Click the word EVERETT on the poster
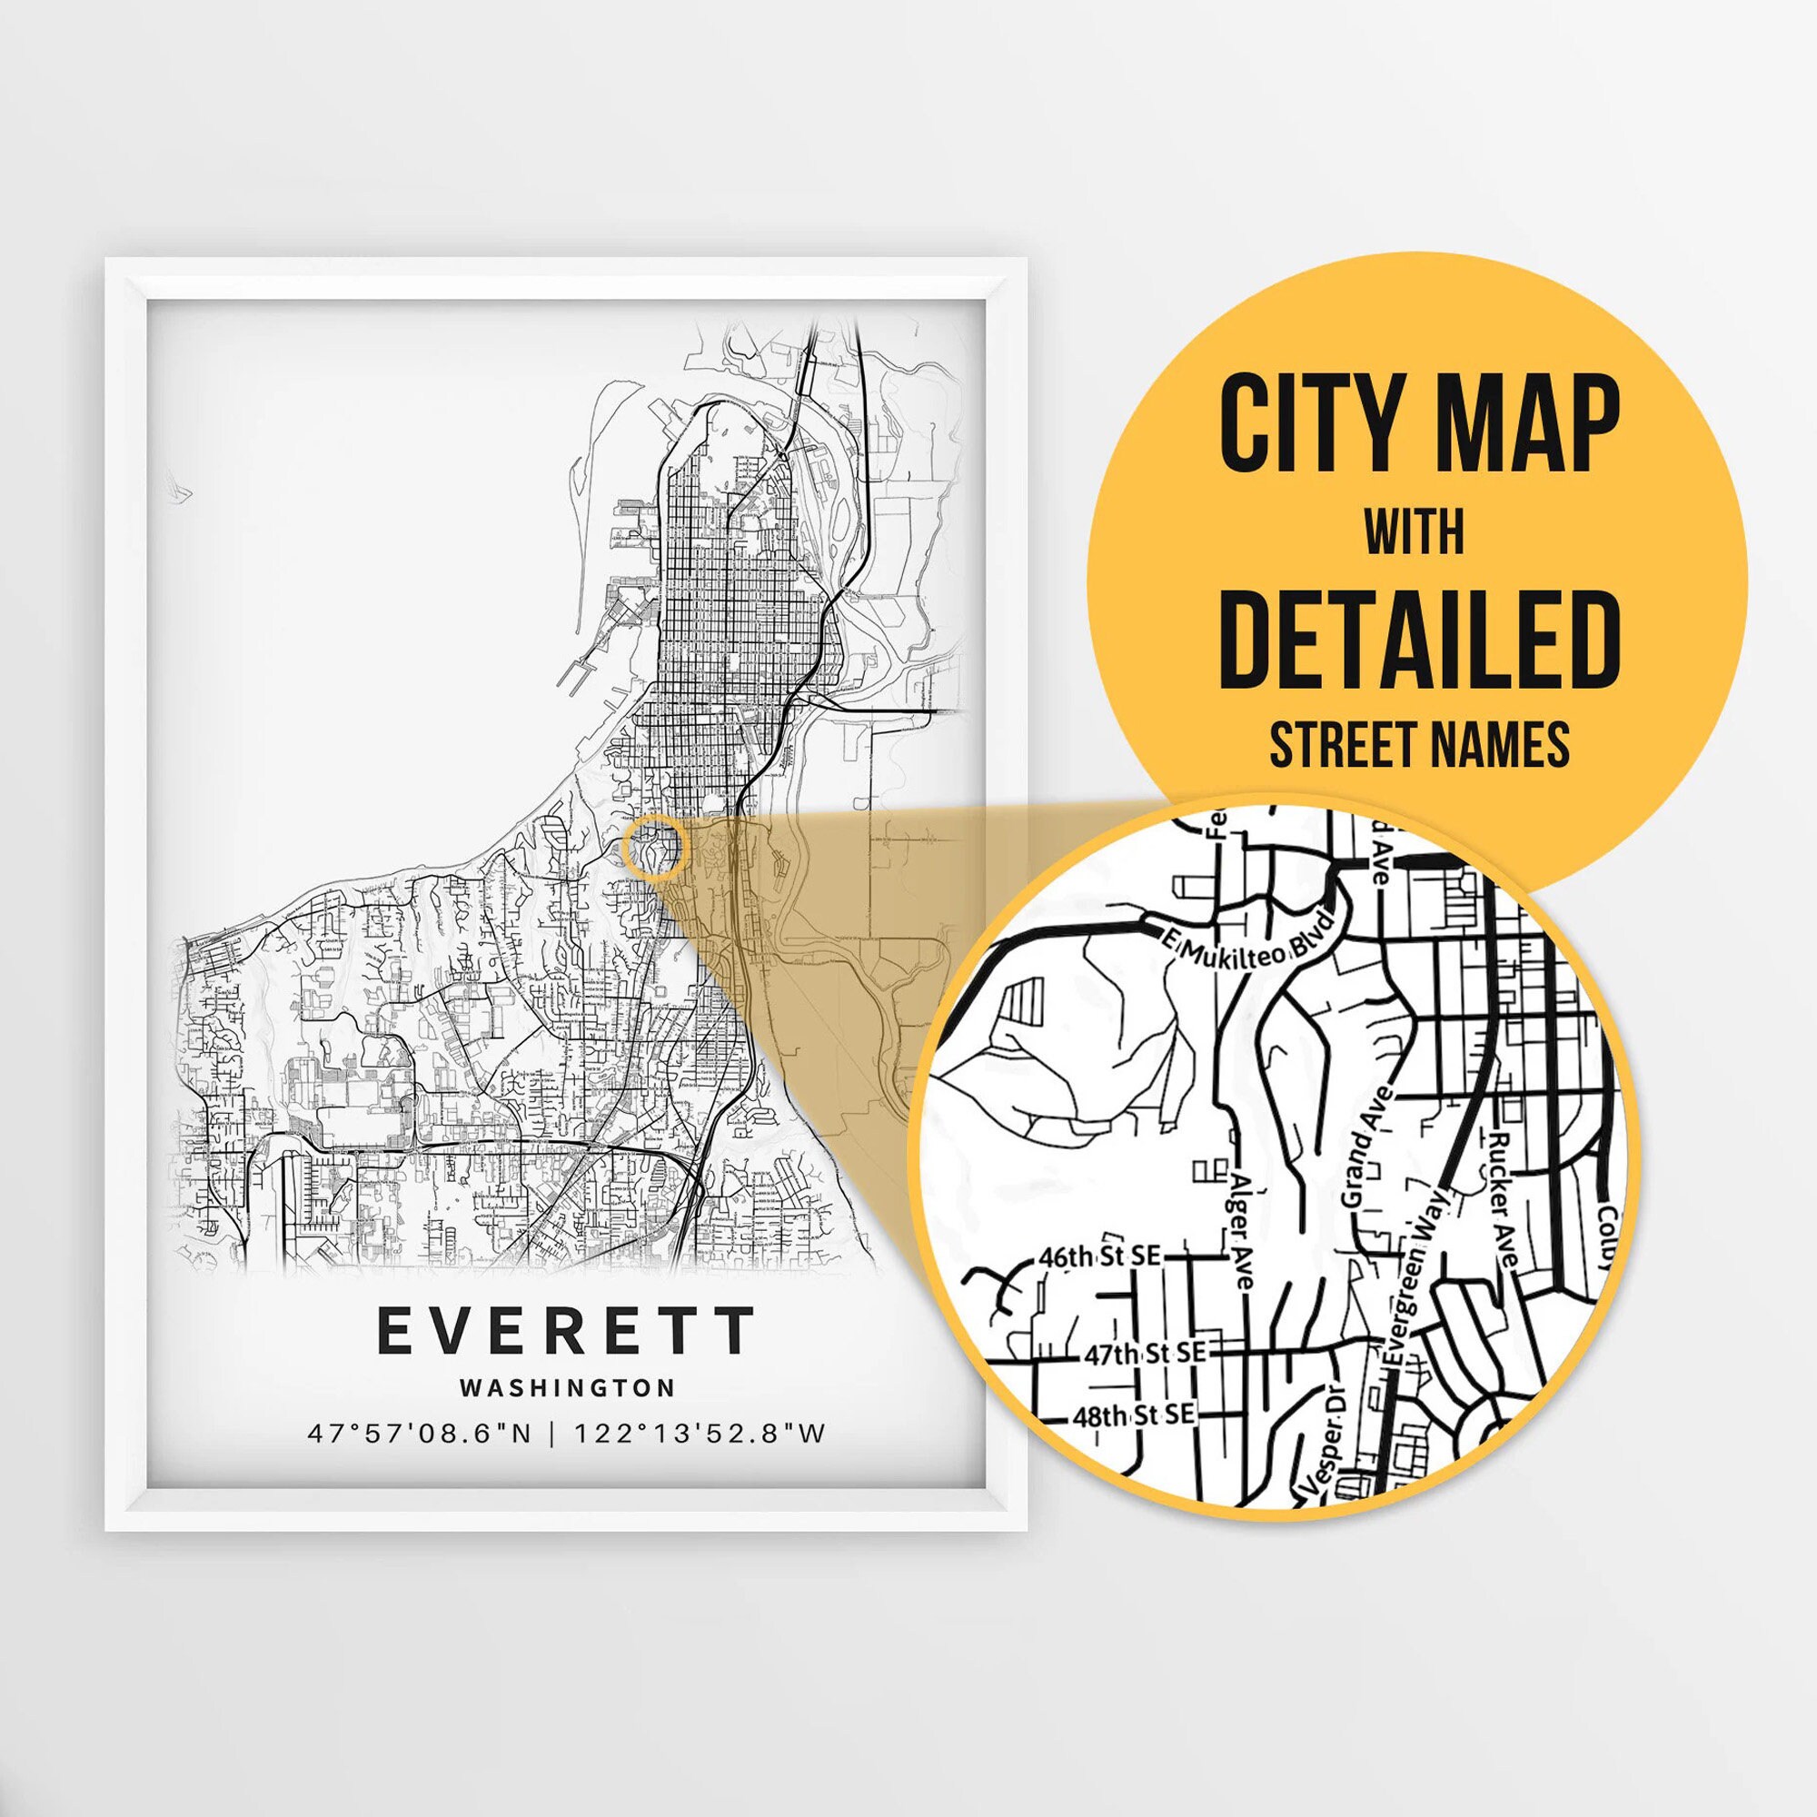(565, 1331)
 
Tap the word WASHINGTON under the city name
(567, 1388)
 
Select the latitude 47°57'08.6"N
(421, 1435)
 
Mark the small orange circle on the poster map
(656, 848)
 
